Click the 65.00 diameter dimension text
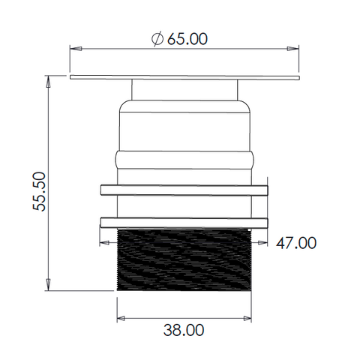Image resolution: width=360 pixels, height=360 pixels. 187,39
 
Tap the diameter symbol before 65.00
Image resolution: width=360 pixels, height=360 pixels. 157,39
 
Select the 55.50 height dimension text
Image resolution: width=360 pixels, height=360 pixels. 40,191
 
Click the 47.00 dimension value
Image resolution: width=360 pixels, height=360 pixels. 296,243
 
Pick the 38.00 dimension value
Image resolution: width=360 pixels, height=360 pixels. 184,330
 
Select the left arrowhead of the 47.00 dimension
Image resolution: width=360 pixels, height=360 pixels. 105,242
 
